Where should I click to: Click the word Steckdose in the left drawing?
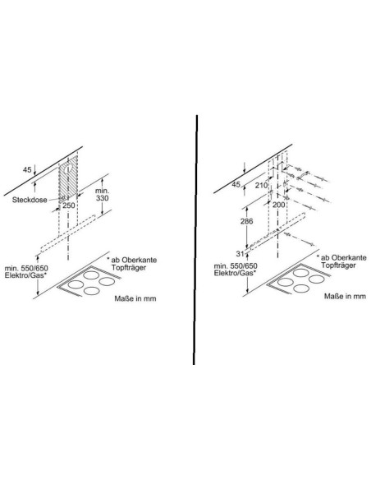click(30, 200)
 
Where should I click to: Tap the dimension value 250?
click(69, 205)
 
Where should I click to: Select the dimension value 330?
click(102, 198)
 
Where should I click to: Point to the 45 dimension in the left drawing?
click(27, 169)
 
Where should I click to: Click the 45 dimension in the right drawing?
click(236, 184)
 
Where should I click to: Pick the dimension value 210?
click(261, 185)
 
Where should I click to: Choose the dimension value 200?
click(278, 204)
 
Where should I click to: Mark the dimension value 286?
click(246, 221)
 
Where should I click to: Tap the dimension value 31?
click(240, 253)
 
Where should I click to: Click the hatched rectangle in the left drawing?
click(68, 178)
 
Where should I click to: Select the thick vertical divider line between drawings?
click(195, 240)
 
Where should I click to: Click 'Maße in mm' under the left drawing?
click(135, 298)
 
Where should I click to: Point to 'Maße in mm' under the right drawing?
click(345, 297)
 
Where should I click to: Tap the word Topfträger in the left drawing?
click(129, 267)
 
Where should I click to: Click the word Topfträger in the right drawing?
click(338, 265)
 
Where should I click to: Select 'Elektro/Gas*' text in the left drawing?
click(26, 275)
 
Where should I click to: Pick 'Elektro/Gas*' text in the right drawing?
click(236, 273)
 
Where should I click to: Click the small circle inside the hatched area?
click(69, 168)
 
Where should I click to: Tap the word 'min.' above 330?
click(102, 191)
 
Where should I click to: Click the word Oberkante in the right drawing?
click(348, 258)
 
